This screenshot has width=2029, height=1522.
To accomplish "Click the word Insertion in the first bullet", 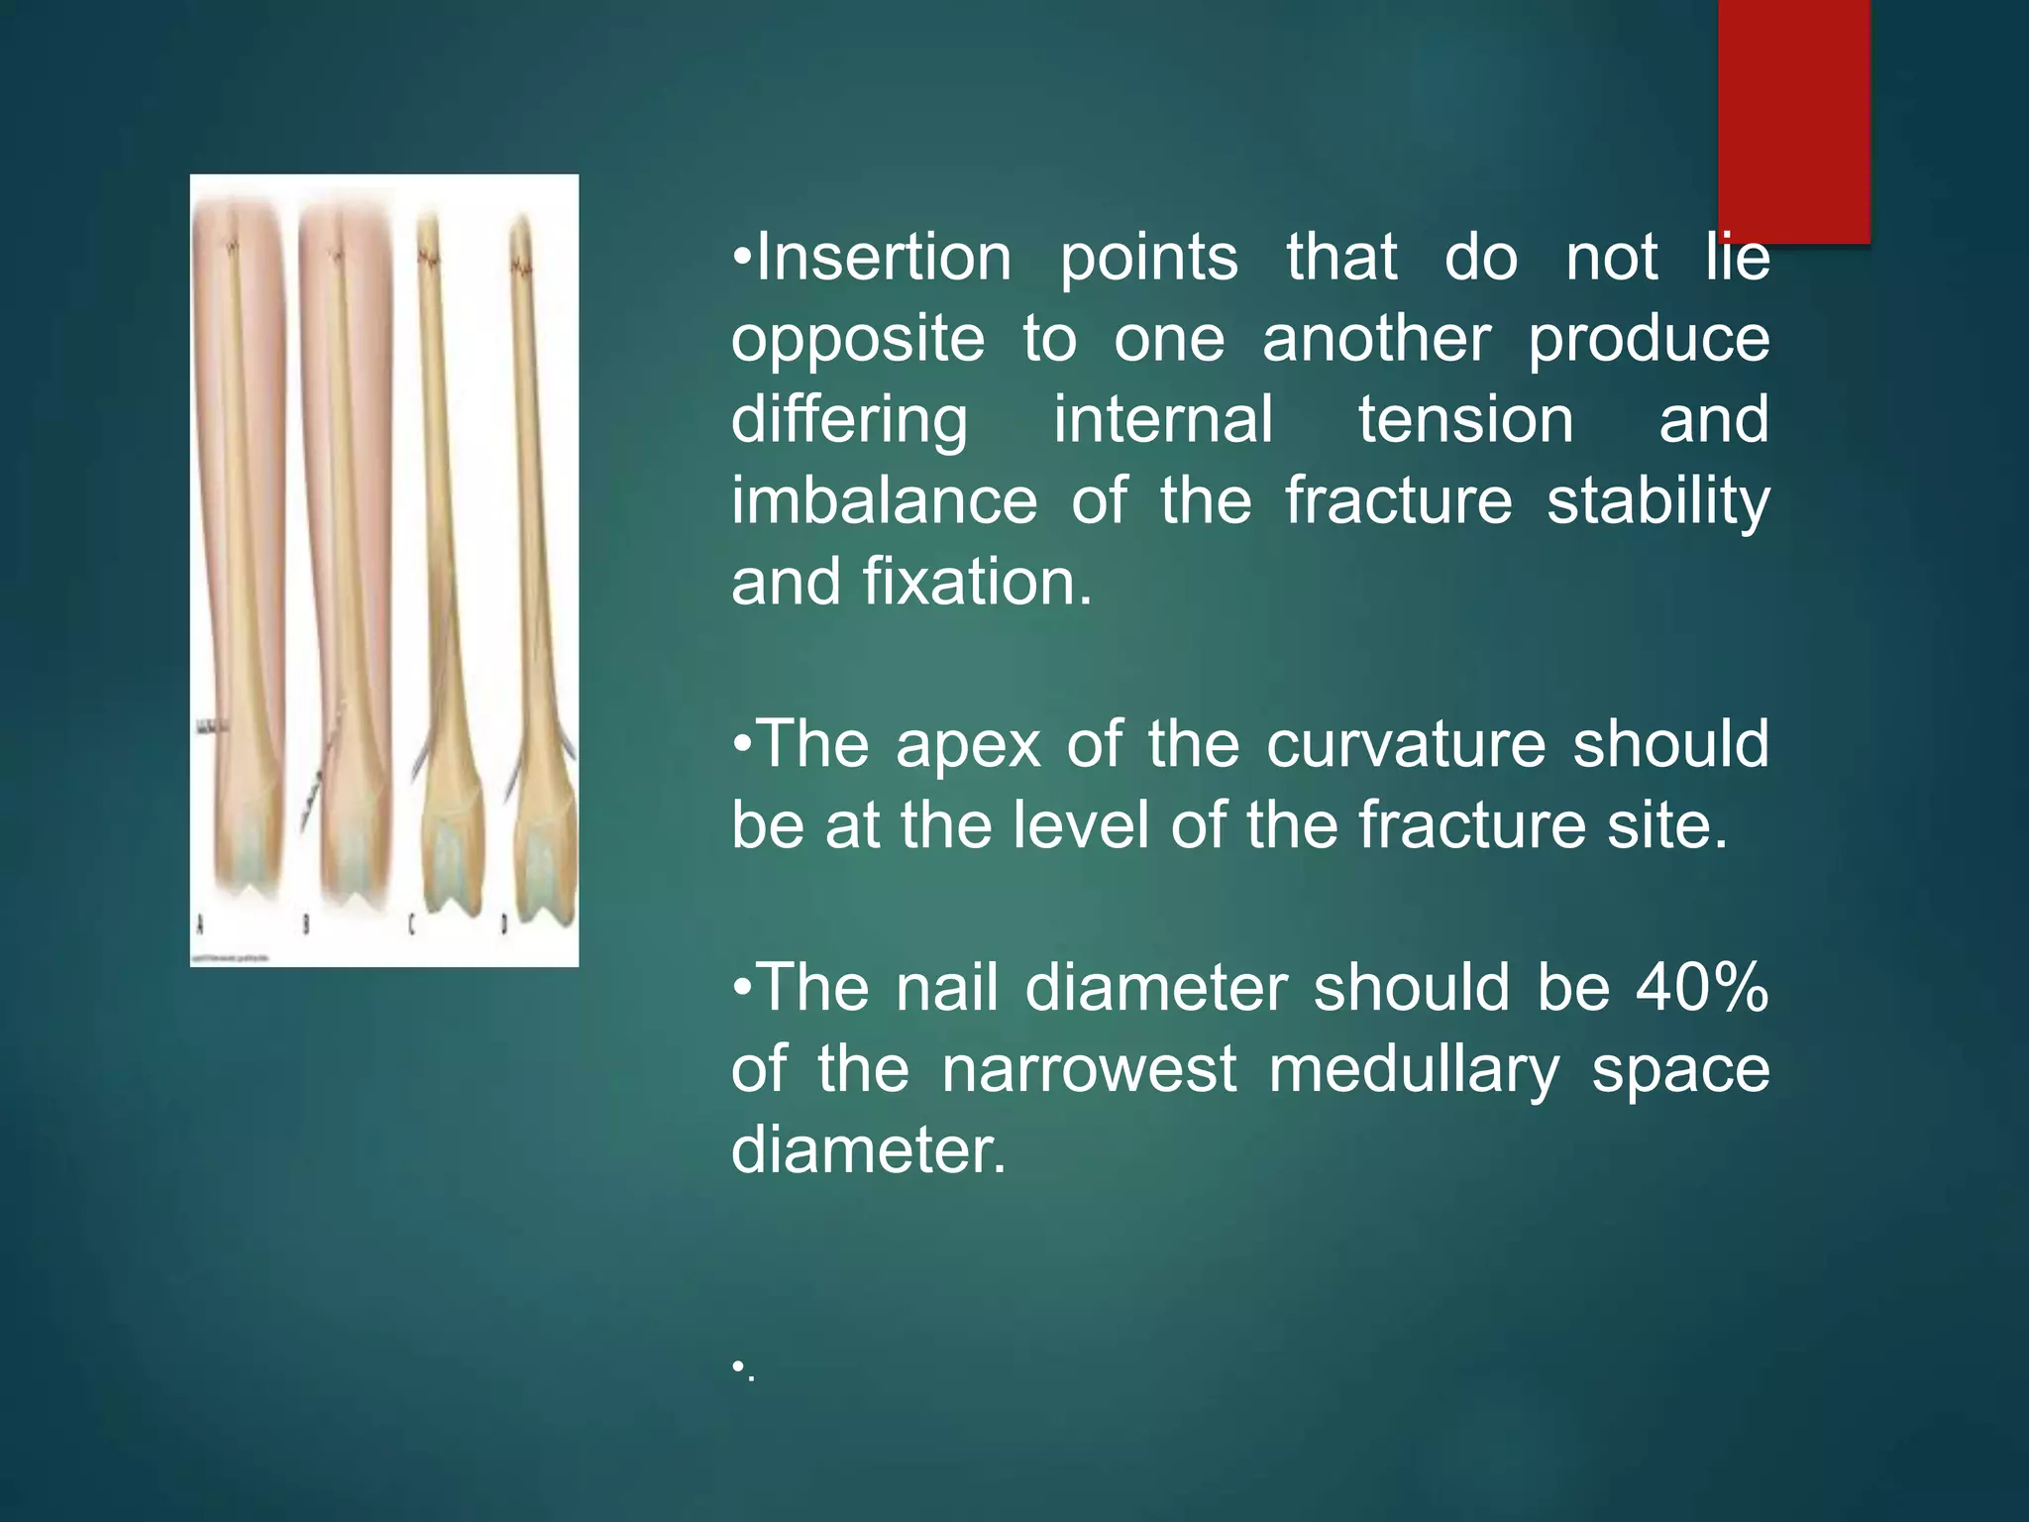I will [883, 258].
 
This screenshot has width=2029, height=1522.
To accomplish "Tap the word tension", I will [1465, 420].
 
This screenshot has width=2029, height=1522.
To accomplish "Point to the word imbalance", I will [884, 500].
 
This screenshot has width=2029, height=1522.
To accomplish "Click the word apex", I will [968, 746].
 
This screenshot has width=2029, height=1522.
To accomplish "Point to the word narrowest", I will [1089, 1070].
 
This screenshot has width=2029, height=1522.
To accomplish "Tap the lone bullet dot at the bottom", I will [738, 1367].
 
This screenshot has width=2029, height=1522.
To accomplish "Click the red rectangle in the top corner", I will [1793, 119].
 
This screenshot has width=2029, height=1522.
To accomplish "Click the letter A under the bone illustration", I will [201, 925].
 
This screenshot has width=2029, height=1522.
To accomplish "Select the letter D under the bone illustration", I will [503, 925].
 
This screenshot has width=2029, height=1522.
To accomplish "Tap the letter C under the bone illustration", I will [411, 925].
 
